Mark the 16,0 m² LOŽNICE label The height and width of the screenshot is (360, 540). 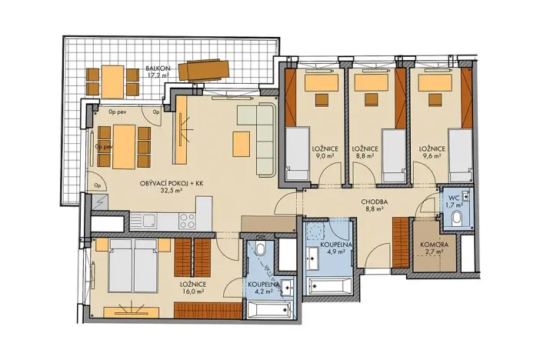pyautogui.click(x=194, y=288)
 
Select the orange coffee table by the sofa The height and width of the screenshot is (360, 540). pyautogui.click(x=241, y=144)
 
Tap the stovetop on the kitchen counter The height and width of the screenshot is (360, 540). pyautogui.click(x=187, y=221)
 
